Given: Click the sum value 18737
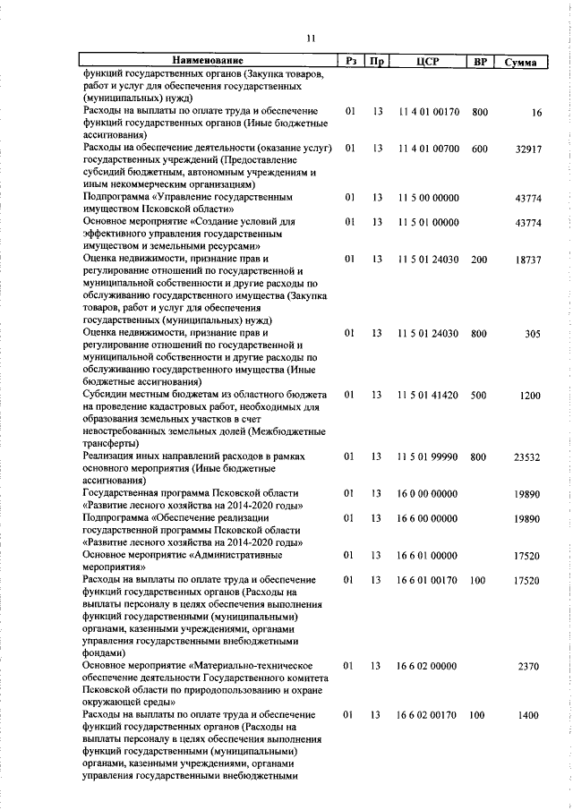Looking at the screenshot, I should click(x=528, y=259).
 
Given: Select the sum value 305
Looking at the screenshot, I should click(x=533, y=333).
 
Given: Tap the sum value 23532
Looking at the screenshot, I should click(x=528, y=456).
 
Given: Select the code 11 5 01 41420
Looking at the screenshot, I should click(x=428, y=395).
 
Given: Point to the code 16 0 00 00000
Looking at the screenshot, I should click(x=428, y=493).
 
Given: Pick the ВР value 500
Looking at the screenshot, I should click(x=479, y=395).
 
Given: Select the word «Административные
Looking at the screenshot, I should click(x=253, y=555).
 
